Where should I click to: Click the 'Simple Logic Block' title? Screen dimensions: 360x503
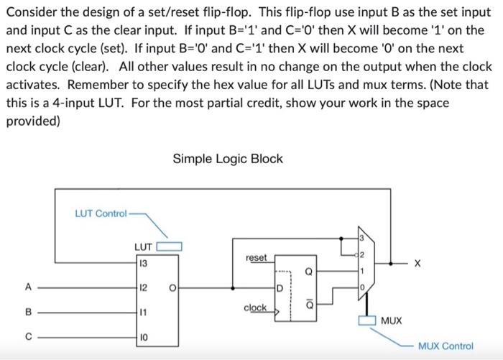coord(228,159)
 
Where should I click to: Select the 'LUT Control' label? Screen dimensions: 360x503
coord(101,213)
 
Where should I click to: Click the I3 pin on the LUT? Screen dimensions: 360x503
coord(144,263)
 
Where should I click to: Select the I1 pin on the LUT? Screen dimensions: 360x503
coord(144,313)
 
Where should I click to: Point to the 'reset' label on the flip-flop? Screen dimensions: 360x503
coord(256,257)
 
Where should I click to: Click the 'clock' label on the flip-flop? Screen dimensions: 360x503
coord(255,308)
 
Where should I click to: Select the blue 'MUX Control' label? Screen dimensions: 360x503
coord(446,346)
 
